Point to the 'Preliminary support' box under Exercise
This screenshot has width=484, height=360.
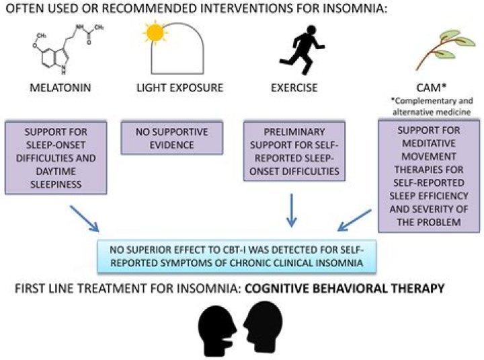(x=294, y=151)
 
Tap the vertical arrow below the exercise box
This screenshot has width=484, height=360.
(x=291, y=210)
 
